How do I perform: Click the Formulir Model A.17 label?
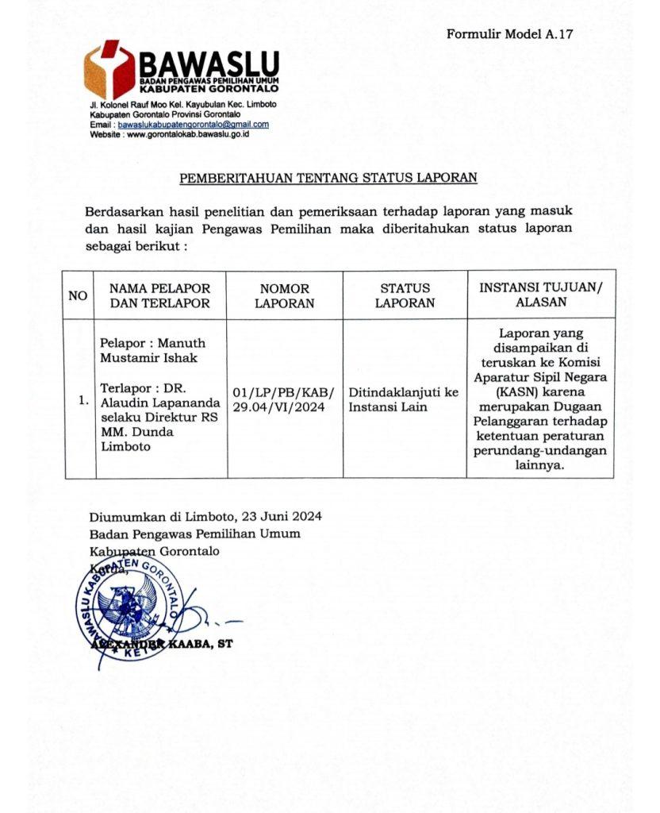tap(509, 34)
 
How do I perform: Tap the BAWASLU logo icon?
tap(110, 71)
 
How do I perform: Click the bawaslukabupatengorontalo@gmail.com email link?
tap(193, 125)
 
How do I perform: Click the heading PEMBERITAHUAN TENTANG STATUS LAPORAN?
tap(328, 178)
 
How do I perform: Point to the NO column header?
tap(78, 295)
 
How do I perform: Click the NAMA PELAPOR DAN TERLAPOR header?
tap(160, 295)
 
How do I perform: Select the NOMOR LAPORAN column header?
tap(285, 295)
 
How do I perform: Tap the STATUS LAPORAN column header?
tap(405, 295)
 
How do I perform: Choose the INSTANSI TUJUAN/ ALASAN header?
tap(540, 295)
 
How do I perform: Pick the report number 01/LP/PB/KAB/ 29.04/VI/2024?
tap(285, 399)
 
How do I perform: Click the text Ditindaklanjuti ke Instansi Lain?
tap(404, 399)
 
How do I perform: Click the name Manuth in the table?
tap(181, 343)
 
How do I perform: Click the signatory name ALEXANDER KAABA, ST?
tap(161, 644)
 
